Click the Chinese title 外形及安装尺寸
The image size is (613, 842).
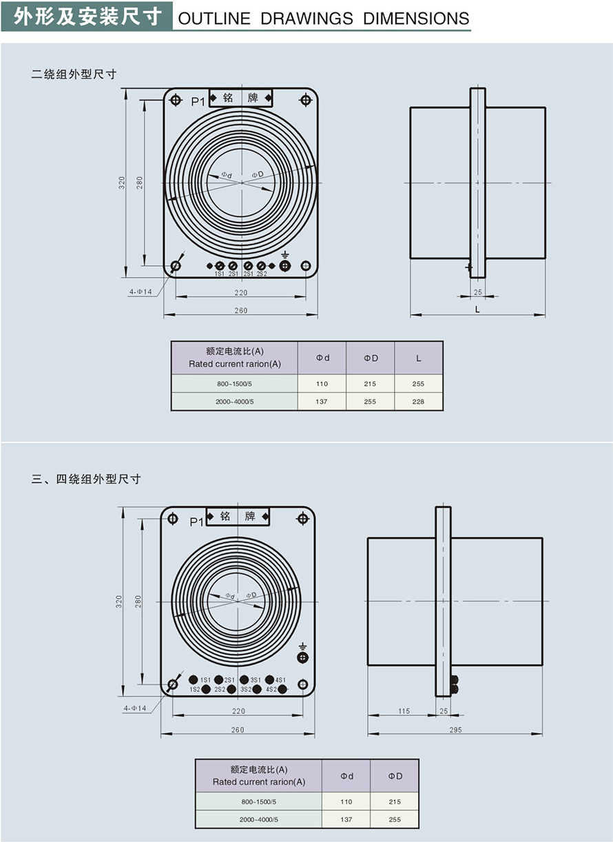click(x=87, y=15)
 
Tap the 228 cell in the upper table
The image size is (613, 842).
click(x=418, y=402)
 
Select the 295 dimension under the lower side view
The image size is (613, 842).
click(x=455, y=730)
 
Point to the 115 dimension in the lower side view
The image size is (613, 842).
click(x=404, y=711)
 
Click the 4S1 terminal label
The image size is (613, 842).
click(x=280, y=680)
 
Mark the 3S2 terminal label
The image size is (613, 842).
click(x=246, y=689)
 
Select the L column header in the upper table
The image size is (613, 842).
click(x=418, y=358)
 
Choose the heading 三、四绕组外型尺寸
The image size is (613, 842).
click(x=86, y=479)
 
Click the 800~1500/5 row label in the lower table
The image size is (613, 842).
click(x=258, y=802)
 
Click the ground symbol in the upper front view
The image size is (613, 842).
click(x=284, y=255)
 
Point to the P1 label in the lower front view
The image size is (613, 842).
click(x=196, y=522)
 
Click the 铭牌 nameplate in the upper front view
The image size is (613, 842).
click(x=240, y=98)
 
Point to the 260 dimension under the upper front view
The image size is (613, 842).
click(x=240, y=311)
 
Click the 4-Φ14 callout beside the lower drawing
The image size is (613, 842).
click(x=135, y=708)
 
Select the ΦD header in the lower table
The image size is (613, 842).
click(x=395, y=776)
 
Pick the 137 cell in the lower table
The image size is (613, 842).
click(x=346, y=820)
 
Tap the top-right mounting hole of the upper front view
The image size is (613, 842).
click(x=305, y=100)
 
